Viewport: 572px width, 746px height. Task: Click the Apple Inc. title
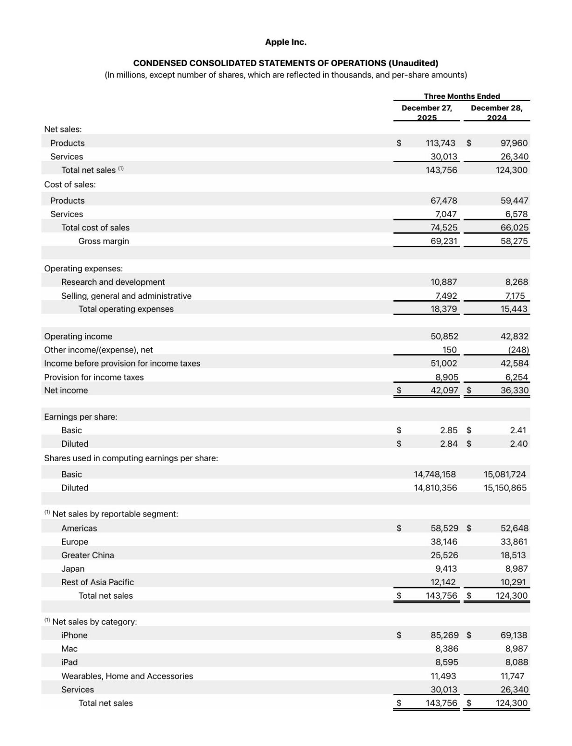click(286, 42)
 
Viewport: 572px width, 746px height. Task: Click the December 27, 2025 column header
click(426, 112)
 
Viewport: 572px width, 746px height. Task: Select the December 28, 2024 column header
click(496, 112)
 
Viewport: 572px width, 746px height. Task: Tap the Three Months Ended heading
click(461, 96)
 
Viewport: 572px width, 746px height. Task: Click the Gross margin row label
click(104, 241)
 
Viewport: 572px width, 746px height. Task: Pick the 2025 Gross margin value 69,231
click(444, 241)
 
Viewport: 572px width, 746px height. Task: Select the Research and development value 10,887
click(444, 282)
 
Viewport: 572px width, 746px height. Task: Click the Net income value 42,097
click(444, 390)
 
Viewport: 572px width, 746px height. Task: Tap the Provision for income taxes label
click(94, 377)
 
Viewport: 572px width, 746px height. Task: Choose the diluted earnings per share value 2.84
click(449, 444)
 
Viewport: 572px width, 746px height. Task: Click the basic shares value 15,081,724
click(505, 474)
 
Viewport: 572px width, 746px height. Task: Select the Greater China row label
click(88, 555)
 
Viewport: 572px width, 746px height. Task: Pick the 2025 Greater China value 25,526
click(444, 555)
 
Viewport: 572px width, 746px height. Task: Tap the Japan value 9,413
click(446, 569)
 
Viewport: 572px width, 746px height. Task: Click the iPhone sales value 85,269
click(444, 635)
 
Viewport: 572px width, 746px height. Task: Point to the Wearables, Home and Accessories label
click(127, 676)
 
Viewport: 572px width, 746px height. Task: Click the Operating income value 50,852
click(444, 336)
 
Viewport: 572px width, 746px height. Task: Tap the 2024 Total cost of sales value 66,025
click(514, 228)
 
